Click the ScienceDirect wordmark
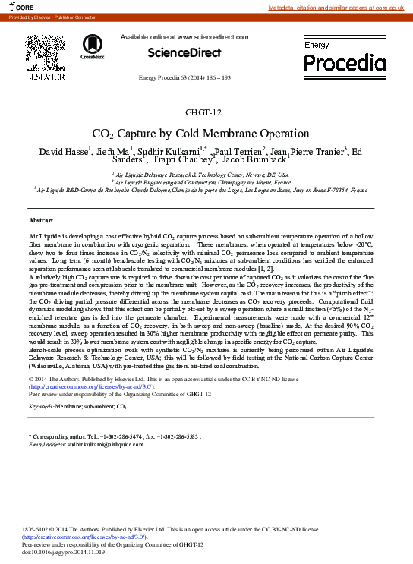184,52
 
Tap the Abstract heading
40,220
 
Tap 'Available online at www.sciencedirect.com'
184,36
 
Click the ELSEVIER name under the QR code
45,77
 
